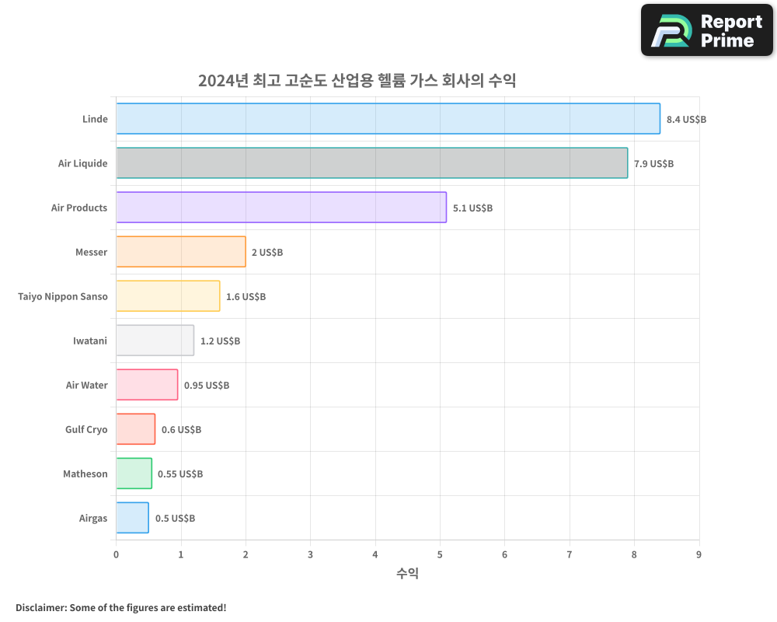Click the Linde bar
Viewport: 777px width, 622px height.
(388, 119)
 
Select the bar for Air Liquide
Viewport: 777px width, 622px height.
(372, 163)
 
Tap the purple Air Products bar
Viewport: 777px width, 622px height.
(281, 208)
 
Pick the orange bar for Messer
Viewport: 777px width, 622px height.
(181, 252)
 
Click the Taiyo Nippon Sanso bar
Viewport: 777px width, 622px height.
(168, 296)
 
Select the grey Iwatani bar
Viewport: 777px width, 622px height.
(155, 341)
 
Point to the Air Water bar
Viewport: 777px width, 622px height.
(147, 385)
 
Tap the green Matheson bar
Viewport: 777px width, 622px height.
(134, 473)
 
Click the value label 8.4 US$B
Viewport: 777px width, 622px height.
(686, 120)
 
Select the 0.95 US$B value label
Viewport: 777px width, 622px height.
(207, 386)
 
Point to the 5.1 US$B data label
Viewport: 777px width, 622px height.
(472, 208)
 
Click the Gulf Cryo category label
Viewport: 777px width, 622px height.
(86, 429)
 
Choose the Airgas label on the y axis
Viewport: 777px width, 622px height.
(93, 518)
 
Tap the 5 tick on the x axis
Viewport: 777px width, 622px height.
(440, 554)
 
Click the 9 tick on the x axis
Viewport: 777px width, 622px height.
(699, 554)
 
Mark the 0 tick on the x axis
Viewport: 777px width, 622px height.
(117, 554)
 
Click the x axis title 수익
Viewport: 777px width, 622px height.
(407, 574)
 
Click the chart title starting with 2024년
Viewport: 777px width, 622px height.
(357, 81)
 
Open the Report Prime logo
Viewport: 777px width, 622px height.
(706, 30)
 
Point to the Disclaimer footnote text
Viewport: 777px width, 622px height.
(120, 607)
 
